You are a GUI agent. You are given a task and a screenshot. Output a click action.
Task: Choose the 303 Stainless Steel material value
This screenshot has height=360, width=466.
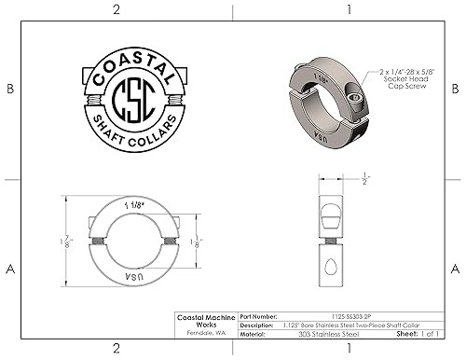click(x=328, y=331)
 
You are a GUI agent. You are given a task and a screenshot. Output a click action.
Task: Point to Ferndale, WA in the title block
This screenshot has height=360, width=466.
click(x=206, y=331)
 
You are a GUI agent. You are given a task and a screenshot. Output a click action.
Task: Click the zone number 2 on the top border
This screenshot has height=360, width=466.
click(x=116, y=9)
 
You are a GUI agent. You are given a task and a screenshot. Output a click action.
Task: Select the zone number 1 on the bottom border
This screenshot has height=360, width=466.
click(x=348, y=349)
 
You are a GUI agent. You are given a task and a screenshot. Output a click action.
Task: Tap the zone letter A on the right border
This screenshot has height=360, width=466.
click(x=455, y=269)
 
